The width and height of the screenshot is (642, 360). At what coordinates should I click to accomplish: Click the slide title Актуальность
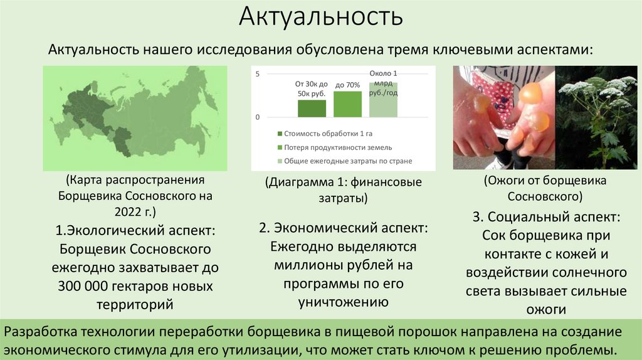[x=320, y=17]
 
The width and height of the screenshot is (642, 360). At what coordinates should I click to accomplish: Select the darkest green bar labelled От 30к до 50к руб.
[x=312, y=109]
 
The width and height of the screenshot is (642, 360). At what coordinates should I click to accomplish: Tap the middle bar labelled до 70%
[x=347, y=104]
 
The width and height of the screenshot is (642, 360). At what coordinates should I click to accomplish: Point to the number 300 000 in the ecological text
[x=88, y=286]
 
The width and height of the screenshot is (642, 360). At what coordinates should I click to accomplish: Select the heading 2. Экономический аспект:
[x=344, y=228]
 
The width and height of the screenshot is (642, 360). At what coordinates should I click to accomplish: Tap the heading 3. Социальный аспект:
[x=546, y=218]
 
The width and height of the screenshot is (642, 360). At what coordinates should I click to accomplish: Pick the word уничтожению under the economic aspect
[x=344, y=302]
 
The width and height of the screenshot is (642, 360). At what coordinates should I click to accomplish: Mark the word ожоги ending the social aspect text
[x=546, y=309]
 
